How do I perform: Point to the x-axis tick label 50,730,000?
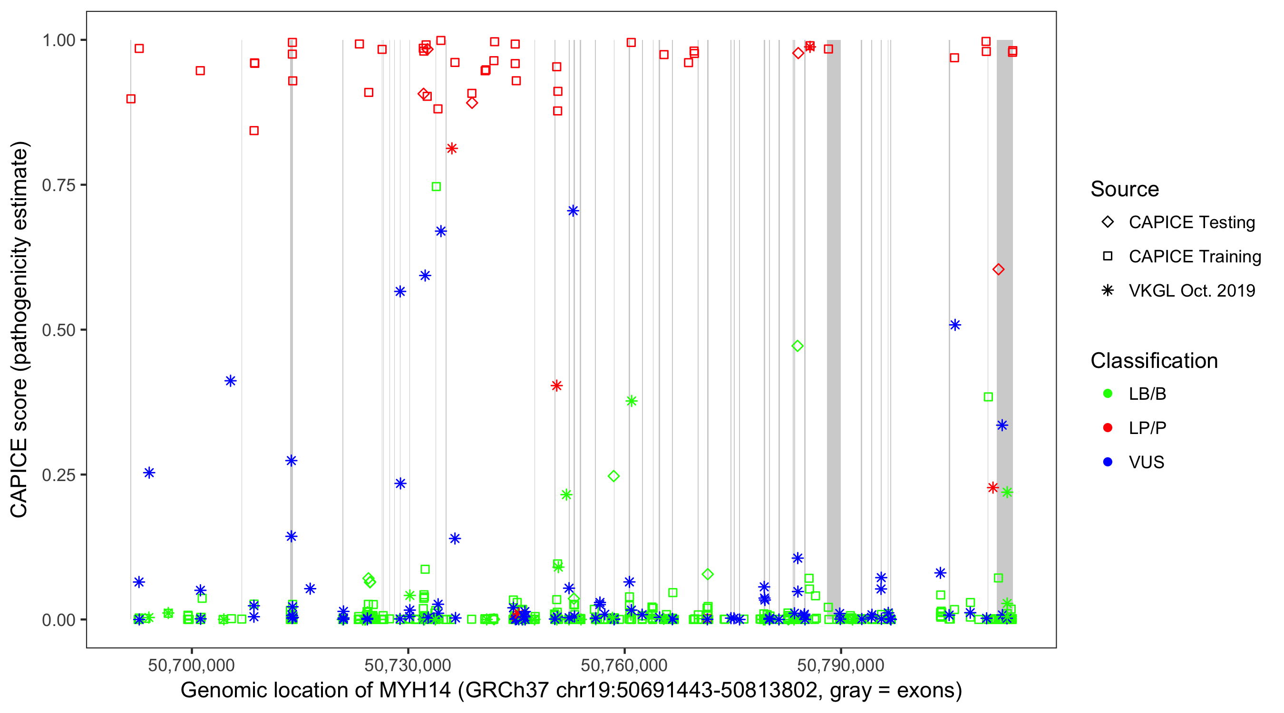tap(408, 665)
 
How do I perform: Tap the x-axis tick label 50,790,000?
tap(840, 665)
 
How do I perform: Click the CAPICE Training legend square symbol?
tap(1108, 257)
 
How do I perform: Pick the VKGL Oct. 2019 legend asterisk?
tap(1108, 290)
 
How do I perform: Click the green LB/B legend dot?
tap(1108, 394)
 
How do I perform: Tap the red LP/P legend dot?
tap(1108, 428)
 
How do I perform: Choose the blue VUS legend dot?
tap(1108, 462)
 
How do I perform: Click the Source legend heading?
tap(1125, 189)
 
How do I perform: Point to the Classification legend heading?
tap(1154, 361)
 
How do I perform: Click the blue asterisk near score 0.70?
tap(573, 211)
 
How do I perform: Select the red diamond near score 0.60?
tap(998, 270)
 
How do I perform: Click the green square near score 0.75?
tap(436, 187)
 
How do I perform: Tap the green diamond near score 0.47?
tap(798, 346)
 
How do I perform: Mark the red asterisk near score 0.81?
tap(452, 148)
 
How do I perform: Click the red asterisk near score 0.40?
tap(557, 385)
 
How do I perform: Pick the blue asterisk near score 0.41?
tap(230, 381)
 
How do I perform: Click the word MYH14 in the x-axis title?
tap(415, 691)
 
